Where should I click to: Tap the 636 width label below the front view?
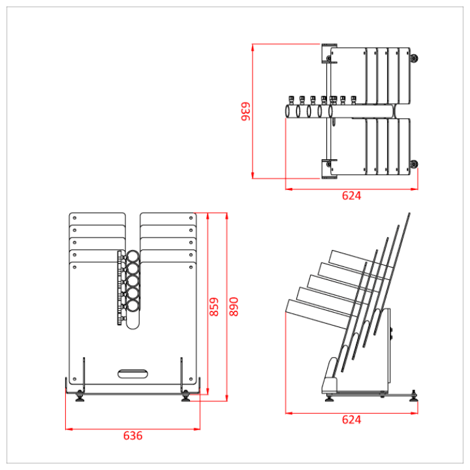[133, 435]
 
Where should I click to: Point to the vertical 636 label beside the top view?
[245, 111]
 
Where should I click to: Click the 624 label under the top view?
[351, 195]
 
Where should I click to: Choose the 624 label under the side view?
[351, 420]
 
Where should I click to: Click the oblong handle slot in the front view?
[133, 373]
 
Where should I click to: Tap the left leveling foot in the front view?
[80, 396]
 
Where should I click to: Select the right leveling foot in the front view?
[186, 396]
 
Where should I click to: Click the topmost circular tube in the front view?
[133, 257]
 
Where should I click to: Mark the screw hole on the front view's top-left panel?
[74, 218]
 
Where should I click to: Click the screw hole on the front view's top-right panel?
[191, 218]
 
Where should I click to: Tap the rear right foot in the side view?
[413, 394]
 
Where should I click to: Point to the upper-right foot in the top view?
[413, 59]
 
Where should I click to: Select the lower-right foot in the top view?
[413, 164]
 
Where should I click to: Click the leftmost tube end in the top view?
[289, 112]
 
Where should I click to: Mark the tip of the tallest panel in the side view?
[409, 213]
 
